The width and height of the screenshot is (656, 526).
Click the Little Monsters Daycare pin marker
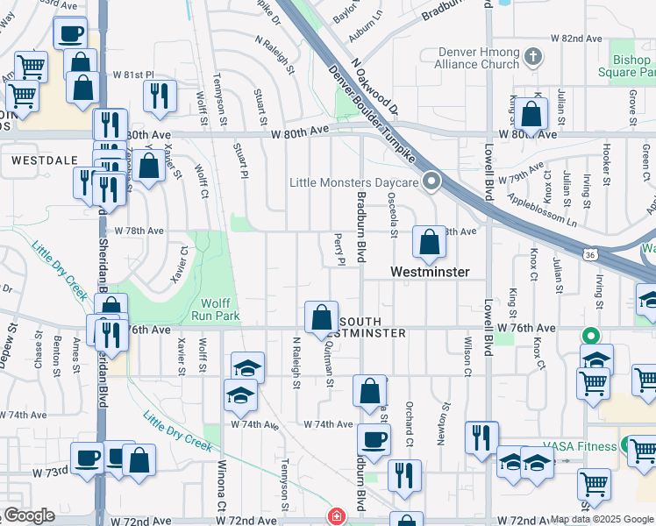pyautogui.click(x=431, y=182)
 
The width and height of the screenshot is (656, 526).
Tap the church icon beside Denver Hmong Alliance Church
pyautogui.click(x=533, y=58)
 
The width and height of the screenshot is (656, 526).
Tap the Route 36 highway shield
pyautogui.click(x=591, y=254)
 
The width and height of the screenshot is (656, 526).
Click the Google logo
pyautogui.click(x=29, y=515)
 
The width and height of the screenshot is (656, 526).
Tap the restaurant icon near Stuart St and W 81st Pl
pyautogui.click(x=159, y=96)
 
